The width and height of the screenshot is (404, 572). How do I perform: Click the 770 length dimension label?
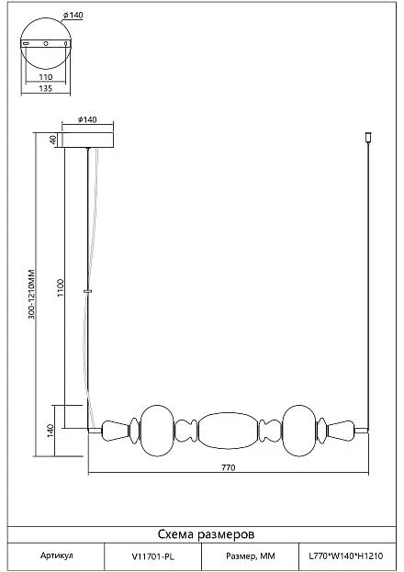tap(228, 467)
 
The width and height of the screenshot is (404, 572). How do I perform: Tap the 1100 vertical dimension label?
tap(61, 287)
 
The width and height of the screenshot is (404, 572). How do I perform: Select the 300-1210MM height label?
tap(31, 295)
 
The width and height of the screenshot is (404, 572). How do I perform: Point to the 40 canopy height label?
tap(53, 140)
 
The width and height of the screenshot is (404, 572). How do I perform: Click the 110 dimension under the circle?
tap(46, 77)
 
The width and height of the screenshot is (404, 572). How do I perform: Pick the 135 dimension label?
tap(46, 88)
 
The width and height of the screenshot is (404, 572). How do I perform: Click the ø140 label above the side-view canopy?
tap(87, 119)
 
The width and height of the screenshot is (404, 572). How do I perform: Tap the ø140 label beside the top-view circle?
tap(73, 16)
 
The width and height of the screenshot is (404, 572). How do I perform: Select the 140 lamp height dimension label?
tap(50, 431)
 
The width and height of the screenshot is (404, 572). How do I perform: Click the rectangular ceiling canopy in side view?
tap(87, 140)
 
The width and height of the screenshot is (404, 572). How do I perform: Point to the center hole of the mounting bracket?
tap(46, 44)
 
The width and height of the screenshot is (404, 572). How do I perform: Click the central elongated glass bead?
tap(229, 431)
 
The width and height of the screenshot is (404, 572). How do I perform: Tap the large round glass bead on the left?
tap(157, 431)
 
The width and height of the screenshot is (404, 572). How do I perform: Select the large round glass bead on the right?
tap(299, 431)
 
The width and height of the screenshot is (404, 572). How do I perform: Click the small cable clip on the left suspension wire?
tap(87, 291)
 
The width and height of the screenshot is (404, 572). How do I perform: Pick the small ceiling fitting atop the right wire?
tap(368, 138)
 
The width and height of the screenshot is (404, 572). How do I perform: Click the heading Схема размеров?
tap(207, 534)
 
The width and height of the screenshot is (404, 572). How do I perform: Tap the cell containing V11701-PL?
tap(153, 556)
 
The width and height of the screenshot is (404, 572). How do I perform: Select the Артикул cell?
tap(56, 556)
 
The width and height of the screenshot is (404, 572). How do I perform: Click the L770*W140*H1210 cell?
tap(347, 556)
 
